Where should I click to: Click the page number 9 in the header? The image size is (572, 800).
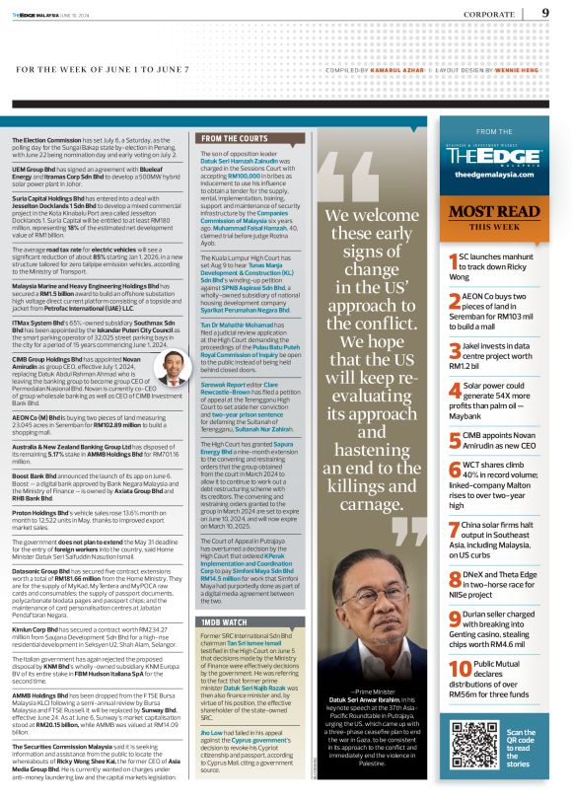coord(545,13)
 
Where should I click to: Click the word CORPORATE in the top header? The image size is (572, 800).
coord(495,14)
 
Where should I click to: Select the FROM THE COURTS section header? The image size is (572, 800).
coord(233,139)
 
